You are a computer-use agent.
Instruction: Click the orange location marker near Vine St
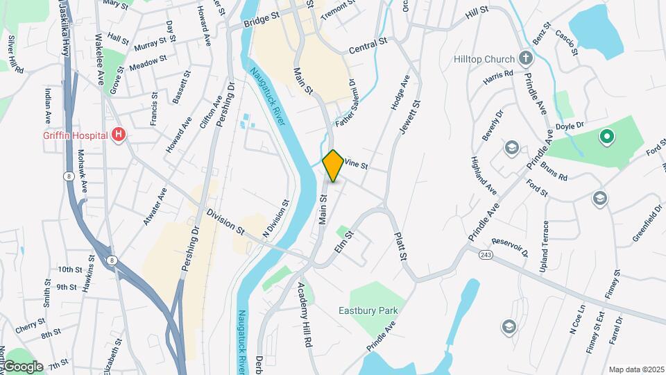pyautogui.click(x=333, y=165)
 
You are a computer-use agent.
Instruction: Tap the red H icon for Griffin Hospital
pyautogui.click(x=119, y=134)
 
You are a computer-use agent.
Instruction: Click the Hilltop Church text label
pyautogui.click(x=485, y=59)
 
